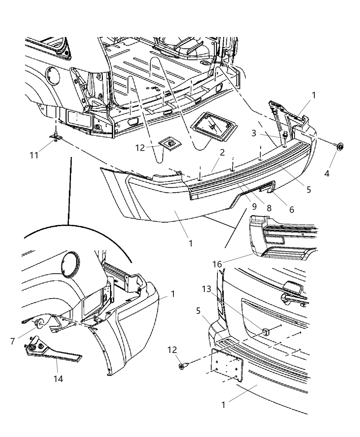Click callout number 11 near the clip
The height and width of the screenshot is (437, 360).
(34, 155)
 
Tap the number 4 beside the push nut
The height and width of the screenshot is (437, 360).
(327, 173)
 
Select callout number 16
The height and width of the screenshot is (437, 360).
(217, 264)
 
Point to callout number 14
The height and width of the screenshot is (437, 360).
(59, 379)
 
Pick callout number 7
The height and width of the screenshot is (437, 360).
(13, 341)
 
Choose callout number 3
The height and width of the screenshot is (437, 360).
(254, 133)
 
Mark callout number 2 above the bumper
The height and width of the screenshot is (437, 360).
(222, 153)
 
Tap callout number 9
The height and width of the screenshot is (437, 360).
(254, 206)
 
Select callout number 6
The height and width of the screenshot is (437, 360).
(291, 209)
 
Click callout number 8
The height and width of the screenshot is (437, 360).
(269, 208)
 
